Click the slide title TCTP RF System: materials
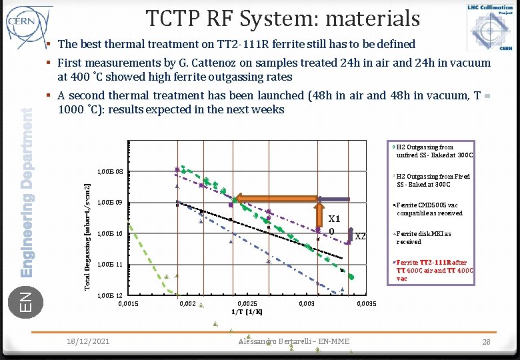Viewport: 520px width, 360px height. (x=283, y=18)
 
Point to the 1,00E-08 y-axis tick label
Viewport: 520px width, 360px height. (x=110, y=172)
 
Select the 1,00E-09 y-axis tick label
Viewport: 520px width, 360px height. (x=110, y=203)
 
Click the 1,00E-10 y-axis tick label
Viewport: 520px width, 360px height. (x=110, y=234)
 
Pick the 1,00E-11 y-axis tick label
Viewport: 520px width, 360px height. (x=110, y=265)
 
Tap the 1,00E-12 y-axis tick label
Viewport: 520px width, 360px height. (x=110, y=295)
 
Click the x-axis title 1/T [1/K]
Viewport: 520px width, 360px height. (x=247, y=311)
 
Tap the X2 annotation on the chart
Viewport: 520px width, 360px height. (x=360, y=236)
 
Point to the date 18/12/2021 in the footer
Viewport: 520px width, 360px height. (x=89, y=341)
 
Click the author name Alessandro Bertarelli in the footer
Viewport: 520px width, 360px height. (x=294, y=341)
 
